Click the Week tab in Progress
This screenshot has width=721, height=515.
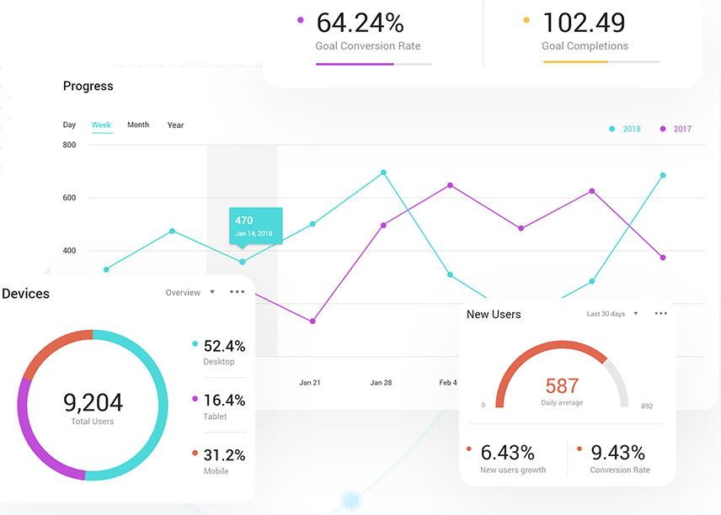point(101,125)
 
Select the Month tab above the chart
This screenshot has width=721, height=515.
point(138,125)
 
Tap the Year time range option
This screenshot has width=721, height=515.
point(175,125)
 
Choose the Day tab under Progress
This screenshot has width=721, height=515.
point(69,125)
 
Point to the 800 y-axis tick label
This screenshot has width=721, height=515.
point(69,145)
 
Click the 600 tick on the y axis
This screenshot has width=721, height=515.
point(69,198)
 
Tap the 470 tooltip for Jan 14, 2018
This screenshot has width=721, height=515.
point(255,226)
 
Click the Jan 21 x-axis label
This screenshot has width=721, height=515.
point(310,383)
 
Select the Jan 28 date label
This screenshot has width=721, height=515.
point(381,383)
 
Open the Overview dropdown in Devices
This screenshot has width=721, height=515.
point(190,293)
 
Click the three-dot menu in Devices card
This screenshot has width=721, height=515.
point(237,292)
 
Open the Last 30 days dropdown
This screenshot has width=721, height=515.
point(612,314)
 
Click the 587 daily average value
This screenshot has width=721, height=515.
point(562,386)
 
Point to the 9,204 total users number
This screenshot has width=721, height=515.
point(93,402)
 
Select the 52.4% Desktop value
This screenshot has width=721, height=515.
point(224,346)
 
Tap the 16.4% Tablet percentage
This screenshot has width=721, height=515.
point(224,401)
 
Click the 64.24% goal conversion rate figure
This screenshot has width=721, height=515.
point(360,22)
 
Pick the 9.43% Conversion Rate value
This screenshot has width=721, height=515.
point(618,452)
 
